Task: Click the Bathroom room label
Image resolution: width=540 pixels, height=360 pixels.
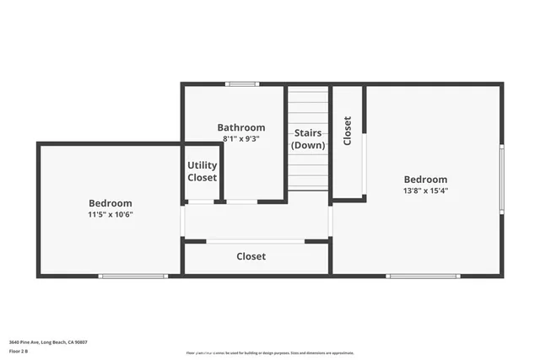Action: pos(241,128)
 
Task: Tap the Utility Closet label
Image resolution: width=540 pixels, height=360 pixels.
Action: pos(202,171)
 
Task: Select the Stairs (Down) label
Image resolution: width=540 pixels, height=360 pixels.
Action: pos(308,139)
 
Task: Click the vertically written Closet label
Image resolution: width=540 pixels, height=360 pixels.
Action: pos(348,131)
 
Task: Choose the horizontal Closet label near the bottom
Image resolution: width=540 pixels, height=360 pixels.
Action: pos(251,256)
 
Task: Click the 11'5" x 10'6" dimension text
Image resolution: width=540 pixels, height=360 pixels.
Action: pos(111,214)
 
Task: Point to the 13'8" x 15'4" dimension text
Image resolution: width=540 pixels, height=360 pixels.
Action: pos(425,191)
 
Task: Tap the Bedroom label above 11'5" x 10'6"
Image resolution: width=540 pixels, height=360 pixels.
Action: pos(111,203)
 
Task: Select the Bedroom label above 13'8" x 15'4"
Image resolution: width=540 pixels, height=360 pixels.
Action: pos(425,180)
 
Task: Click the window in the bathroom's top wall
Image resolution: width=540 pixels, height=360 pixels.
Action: pos(242,83)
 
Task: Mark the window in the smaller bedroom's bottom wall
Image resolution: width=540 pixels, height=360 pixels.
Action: pos(132,276)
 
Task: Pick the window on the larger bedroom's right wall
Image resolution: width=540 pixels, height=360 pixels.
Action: pos(501,178)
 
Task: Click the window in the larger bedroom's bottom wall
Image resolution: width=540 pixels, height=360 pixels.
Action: pos(423,276)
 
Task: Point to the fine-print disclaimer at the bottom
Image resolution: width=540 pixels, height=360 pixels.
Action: pos(270,353)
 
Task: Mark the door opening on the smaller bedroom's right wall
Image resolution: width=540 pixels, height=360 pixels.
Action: pos(182,221)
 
